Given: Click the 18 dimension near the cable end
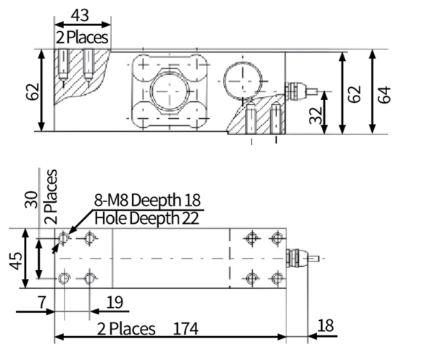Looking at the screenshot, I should click(x=326, y=326).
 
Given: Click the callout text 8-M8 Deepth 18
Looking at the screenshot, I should click(x=146, y=201).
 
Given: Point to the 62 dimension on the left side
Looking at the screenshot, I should click(x=30, y=92).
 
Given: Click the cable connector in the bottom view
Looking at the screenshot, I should click(x=298, y=256).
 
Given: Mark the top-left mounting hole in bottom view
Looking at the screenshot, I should click(x=64, y=237).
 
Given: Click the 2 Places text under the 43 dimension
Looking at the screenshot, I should click(x=82, y=36).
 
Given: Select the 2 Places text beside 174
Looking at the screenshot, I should click(x=127, y=328).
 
